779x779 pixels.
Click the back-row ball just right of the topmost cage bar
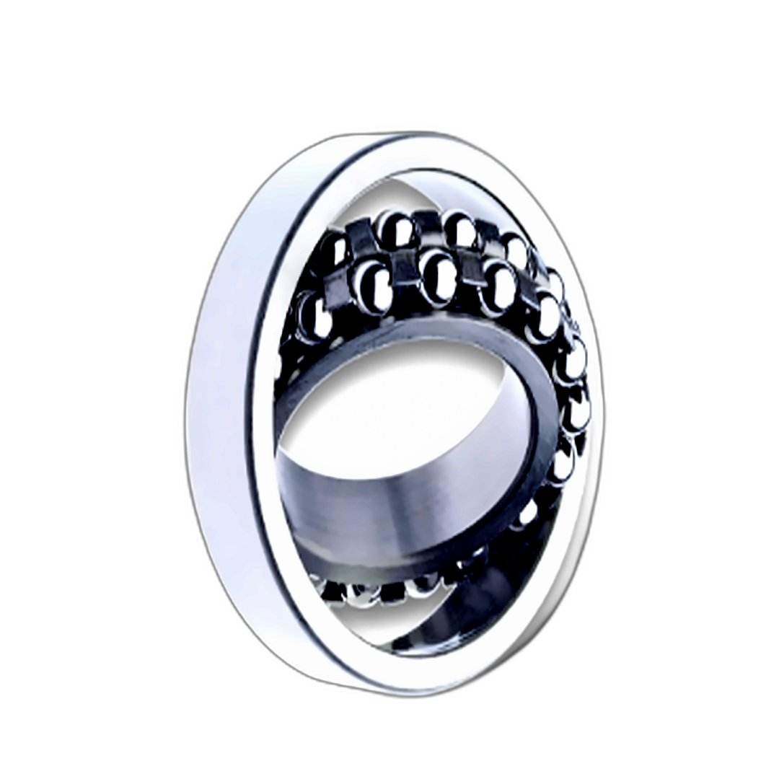tap(459, 229)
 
